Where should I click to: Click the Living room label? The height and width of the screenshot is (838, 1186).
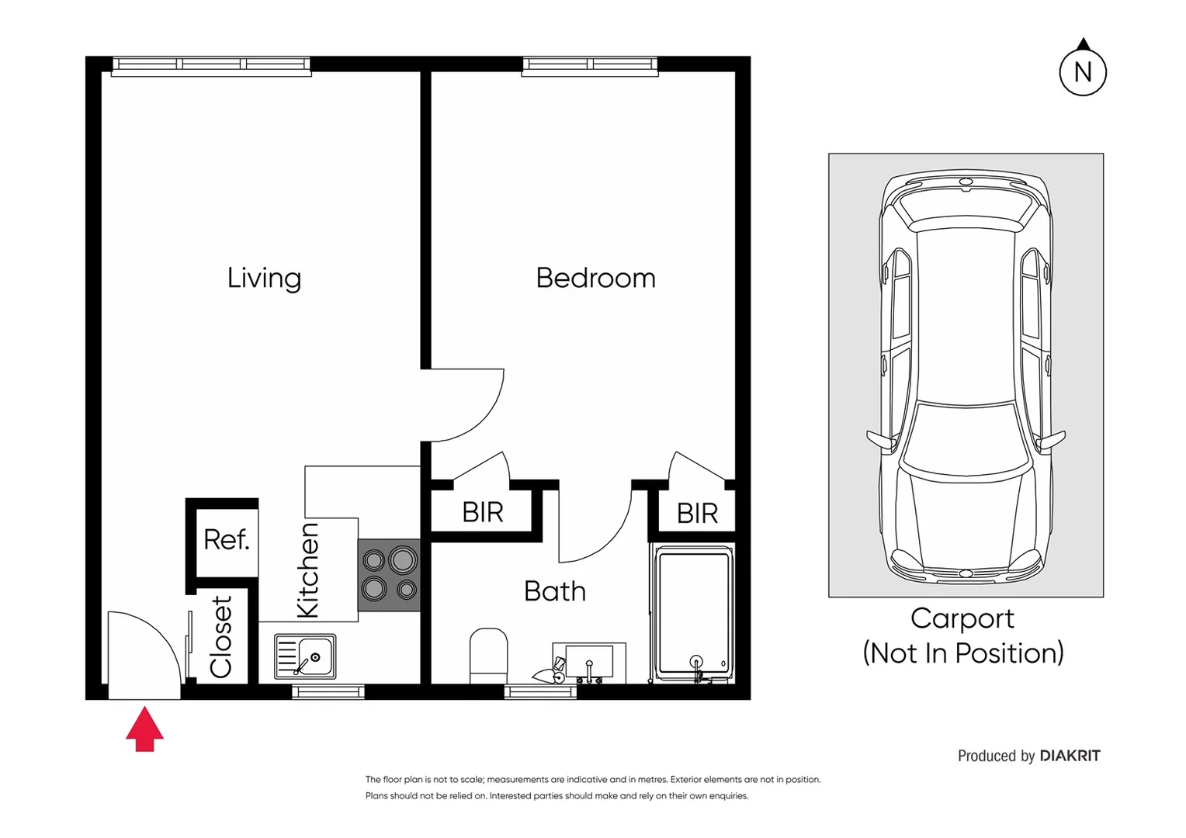(x=264, y=278)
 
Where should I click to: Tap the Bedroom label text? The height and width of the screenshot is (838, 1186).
(x=595, y=278)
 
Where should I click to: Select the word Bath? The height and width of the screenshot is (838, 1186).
(x=554, y=591)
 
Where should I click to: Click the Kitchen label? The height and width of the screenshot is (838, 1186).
(x=308, y=570)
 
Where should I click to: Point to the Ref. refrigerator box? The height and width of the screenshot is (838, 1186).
(x=226, y=539)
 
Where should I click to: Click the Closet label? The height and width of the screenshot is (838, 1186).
(x=221, y=637)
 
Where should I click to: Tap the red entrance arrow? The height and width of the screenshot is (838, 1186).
(x=145, y=729)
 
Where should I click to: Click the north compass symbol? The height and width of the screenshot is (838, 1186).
(x=1082, y=71)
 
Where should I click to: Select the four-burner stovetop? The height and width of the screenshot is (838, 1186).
(x=389, y=575)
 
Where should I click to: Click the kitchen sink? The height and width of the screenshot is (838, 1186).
(x=306, y=656)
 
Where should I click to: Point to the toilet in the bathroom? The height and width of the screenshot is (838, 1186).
(x=488, y=656)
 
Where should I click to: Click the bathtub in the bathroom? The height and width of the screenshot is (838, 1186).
(x=693, y=613)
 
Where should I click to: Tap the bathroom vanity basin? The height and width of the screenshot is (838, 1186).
(x=589, y=662)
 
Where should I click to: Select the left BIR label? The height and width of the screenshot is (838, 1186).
(x=482, y=512)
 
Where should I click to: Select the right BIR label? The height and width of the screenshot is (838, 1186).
(x=697, y=513)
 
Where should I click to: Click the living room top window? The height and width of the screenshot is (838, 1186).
(x=211, y=64)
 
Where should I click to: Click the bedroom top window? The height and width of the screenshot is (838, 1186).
(x=590, y=64)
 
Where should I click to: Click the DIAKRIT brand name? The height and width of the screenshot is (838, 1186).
(x=1070, y=756)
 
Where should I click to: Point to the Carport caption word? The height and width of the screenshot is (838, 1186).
(x=962, y=618)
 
